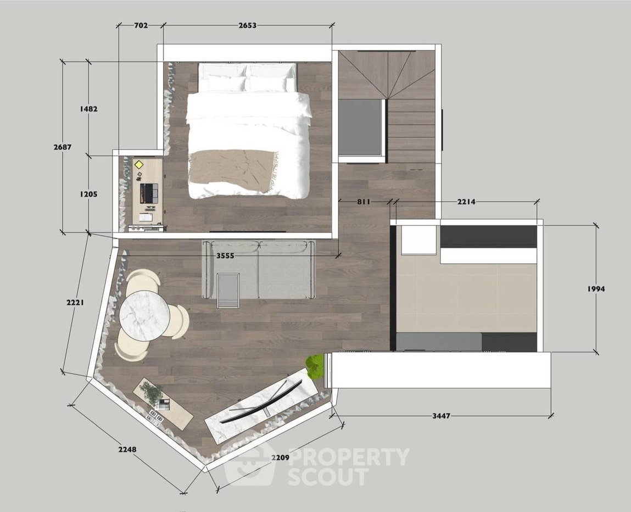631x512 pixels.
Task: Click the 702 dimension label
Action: point(141,25)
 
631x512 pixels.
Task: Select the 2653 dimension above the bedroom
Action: point(247,25)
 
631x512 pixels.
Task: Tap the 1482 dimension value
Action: point(88,109)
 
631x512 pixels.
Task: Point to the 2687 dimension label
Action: point(63,147)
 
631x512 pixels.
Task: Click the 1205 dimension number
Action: point(88,194)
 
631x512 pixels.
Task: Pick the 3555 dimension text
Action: point(225,255)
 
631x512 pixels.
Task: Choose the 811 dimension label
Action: point(364,202)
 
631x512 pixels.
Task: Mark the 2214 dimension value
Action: point(466,202)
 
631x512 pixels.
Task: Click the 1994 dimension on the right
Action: point(596,288)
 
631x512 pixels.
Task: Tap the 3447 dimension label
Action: point(441,416)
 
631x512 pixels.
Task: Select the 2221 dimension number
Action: point(75,302)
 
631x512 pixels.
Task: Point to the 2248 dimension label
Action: point(127,449)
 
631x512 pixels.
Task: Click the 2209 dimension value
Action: point(280,457)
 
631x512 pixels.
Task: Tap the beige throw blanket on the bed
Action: point(233,171)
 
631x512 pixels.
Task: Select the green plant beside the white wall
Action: point(315,366)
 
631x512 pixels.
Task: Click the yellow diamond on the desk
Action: point(139,165)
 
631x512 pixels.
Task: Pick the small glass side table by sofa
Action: point(228,290)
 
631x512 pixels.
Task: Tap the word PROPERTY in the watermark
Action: point(349,457)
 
